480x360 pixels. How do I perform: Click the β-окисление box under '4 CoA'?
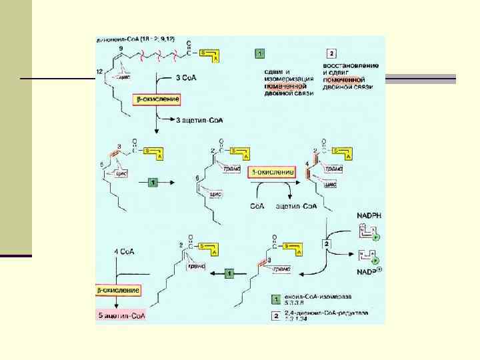click(119, 291)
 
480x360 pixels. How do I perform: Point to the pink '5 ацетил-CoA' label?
click(122, 315)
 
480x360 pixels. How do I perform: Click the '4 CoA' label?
click(124, 251)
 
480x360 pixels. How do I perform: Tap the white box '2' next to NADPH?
click(327, 245)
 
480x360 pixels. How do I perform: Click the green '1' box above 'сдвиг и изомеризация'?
click(259, 53)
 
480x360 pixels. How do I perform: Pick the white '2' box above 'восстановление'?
click(331, 53)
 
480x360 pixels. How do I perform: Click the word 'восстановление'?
click(351, 65)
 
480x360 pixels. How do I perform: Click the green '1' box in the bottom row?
click(229, 273)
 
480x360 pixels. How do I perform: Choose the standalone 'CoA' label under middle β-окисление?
click(257, 206)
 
